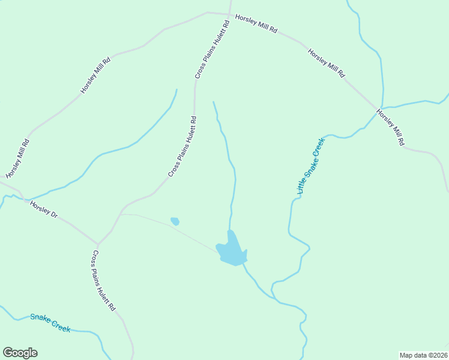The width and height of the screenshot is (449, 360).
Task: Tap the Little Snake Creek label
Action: [x=310, y=166]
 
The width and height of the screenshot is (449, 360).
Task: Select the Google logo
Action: [x=20, y=353]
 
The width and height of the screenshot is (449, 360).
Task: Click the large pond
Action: [x=232, y=251]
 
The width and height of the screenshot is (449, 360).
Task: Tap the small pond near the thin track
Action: [x=175, y=221]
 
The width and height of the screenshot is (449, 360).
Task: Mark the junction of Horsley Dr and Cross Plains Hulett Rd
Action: [x=97, y=244]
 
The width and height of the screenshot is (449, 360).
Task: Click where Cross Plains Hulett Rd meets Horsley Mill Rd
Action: [x=229, y=14]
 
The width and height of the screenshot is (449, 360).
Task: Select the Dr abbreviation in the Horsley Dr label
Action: [x=53, y=215]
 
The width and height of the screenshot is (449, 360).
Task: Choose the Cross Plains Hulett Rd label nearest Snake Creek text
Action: [x=103, y=281]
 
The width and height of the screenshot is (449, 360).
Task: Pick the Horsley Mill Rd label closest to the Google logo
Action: [x=17, y=158]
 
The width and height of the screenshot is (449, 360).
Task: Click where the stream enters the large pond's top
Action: [x=231, y=230]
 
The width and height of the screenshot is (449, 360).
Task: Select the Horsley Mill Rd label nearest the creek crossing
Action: [x=390, y=127]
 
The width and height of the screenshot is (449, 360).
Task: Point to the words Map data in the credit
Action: [x=413, y=355]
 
